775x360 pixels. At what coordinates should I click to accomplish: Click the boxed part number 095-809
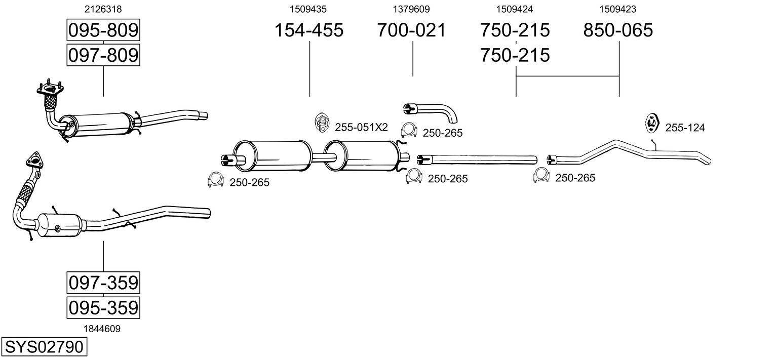(x=103, y=30)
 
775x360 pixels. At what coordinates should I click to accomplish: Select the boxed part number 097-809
(x=103, y=55)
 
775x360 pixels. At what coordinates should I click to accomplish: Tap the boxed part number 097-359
(x=103, y=283)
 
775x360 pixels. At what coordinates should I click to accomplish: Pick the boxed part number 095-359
(x=103, y=307)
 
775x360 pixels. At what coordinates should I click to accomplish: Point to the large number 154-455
(x=309, y=30)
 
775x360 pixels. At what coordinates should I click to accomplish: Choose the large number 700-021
(x=412, y=30)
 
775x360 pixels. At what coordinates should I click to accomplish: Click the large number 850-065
(x=618, y=30)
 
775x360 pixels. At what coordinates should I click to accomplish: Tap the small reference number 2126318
(x=103, y=9)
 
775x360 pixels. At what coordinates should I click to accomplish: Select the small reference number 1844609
(x=103, y=329)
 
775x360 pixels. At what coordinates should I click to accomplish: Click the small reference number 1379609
(x=412, y=9)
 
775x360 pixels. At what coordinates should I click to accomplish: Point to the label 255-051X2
(x=361, y=127)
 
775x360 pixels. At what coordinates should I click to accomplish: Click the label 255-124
(x=685, y=128)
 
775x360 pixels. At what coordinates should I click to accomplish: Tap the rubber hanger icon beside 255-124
(x=651, y=123)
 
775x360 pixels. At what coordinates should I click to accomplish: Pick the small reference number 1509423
(x=618, y=9)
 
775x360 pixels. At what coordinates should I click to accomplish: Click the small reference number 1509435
(x=308, y=9)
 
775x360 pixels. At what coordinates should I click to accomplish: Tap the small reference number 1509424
(x=515, y=9)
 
